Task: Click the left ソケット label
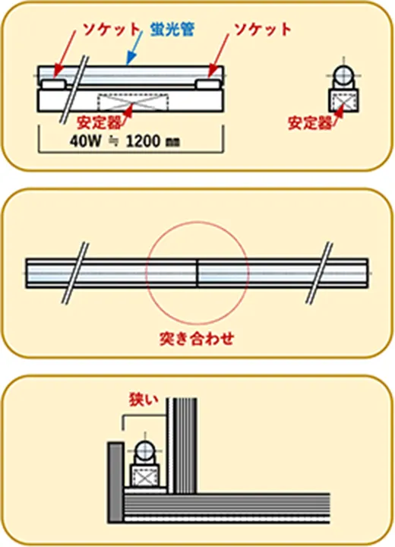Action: coord(111,30)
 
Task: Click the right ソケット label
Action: coord(262,30)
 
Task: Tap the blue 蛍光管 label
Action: coord(172,30)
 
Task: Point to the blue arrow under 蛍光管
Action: coord(134,48)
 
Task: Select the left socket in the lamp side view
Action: coord(53,84)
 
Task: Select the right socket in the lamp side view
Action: coord(207,84)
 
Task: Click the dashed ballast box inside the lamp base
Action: coord(133,103)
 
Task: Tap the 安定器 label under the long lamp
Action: coord(99,122)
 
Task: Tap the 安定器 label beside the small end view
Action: coord(310,123)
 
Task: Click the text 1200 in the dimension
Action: coord(143,141)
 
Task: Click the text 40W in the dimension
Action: coord(86,141)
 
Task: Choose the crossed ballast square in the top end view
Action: coord(343,100)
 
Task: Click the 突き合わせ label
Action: coord(197,338)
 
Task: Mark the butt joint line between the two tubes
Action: coord(197,273)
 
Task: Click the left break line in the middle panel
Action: coord(75,273)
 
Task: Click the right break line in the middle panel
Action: coord(319,273)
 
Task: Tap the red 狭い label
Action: coord(144,400)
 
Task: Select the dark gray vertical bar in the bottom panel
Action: coord(116,483)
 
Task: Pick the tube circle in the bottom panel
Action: coord(144,451)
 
